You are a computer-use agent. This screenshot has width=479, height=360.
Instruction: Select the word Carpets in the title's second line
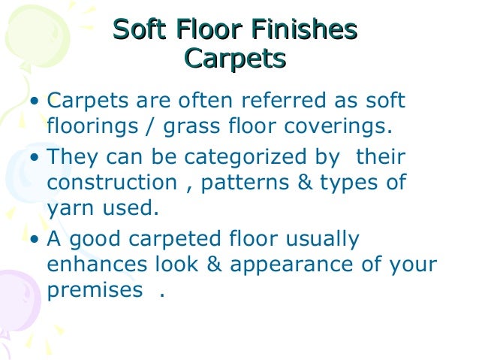(234, 57)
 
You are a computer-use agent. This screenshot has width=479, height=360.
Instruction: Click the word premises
(93, 289)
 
